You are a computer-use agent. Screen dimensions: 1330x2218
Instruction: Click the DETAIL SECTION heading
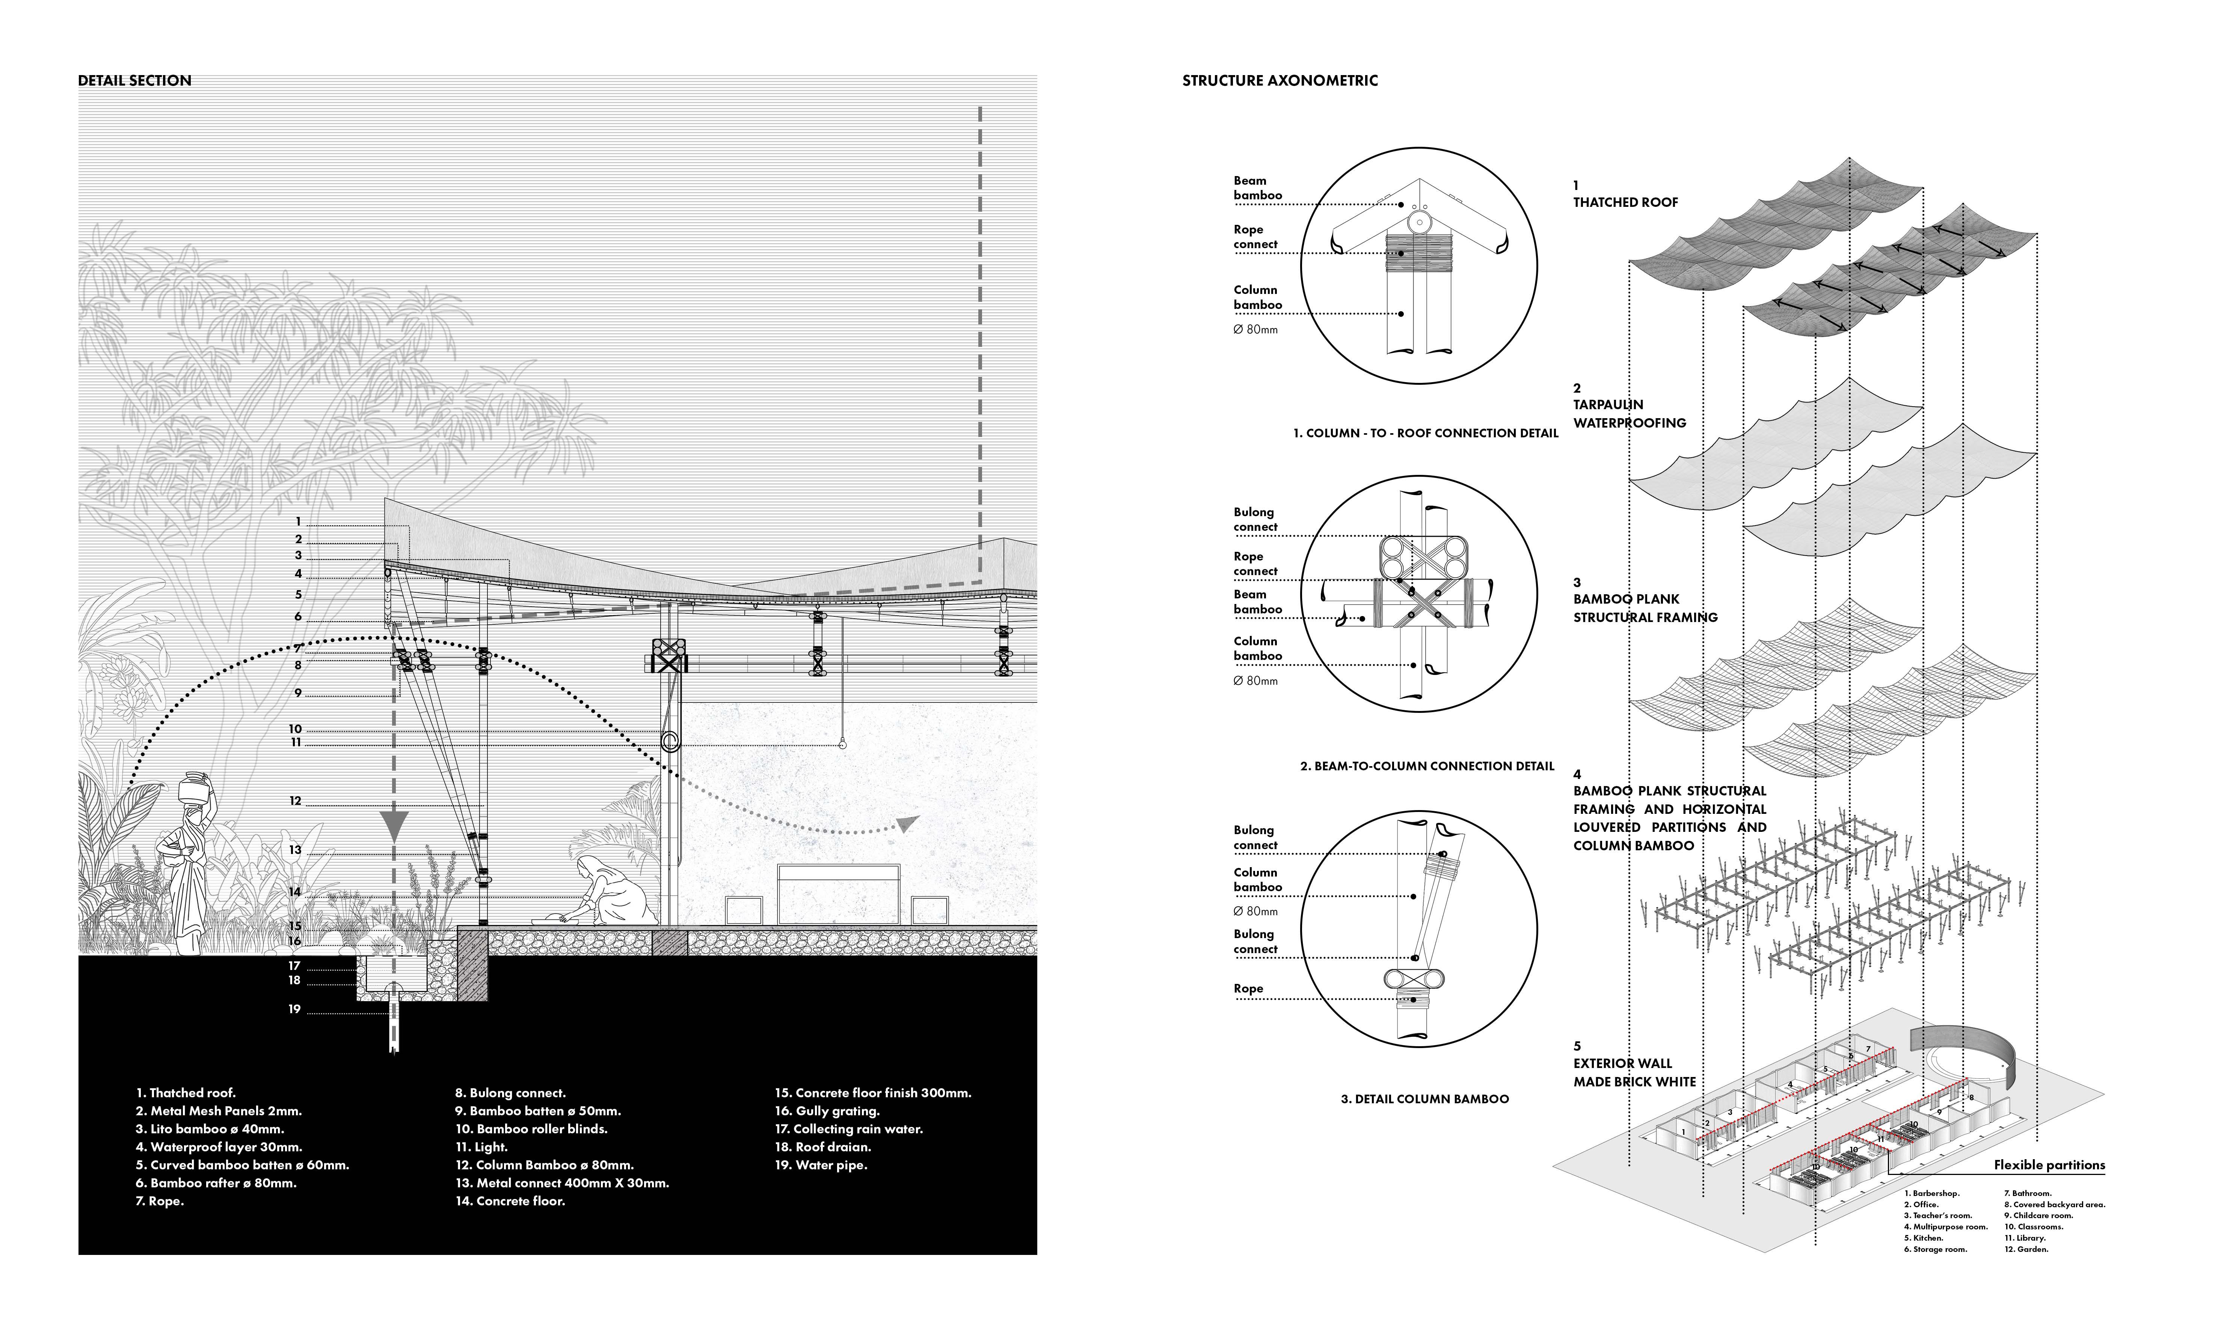point(134,81)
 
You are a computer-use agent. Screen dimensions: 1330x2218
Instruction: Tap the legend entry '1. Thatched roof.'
point(186,1092)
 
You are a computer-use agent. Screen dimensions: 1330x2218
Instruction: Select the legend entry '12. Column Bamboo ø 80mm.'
point(544,1165)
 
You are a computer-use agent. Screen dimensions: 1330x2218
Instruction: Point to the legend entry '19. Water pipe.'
point(821,1165)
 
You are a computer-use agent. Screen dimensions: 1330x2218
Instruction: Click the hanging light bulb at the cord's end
point(842,745)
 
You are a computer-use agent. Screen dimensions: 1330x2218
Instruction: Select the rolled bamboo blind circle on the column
point(669,741)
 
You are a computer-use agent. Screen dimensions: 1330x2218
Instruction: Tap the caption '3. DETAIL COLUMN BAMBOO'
point(1424,1099)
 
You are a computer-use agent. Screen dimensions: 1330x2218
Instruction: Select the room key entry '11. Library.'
point(2025,1238)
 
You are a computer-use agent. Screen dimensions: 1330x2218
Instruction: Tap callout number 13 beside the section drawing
point(295,850)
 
